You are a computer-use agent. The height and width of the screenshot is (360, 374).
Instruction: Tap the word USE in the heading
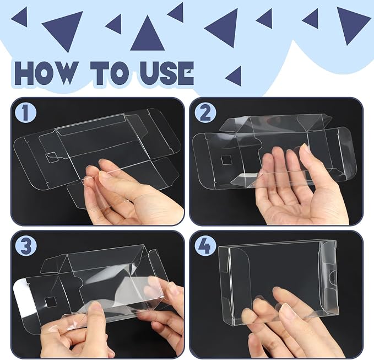tap(166, 73)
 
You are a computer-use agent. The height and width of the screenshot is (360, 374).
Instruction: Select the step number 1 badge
tap(25, 113)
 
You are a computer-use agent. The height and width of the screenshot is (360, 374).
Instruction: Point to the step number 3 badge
tap(26, 246)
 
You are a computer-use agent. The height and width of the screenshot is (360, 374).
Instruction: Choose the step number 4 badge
tap(205, 246)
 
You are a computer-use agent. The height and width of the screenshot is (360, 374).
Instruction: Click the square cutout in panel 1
tap(52, 157)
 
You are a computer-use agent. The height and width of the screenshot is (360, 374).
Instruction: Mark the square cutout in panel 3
tap(50, 302)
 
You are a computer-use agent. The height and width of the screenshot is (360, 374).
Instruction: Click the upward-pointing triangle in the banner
tap(148, 34)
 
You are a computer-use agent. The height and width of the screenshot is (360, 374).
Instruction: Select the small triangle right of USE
tap(234, 77)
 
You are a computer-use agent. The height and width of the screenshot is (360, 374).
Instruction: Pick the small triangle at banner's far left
tap(20, 17)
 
